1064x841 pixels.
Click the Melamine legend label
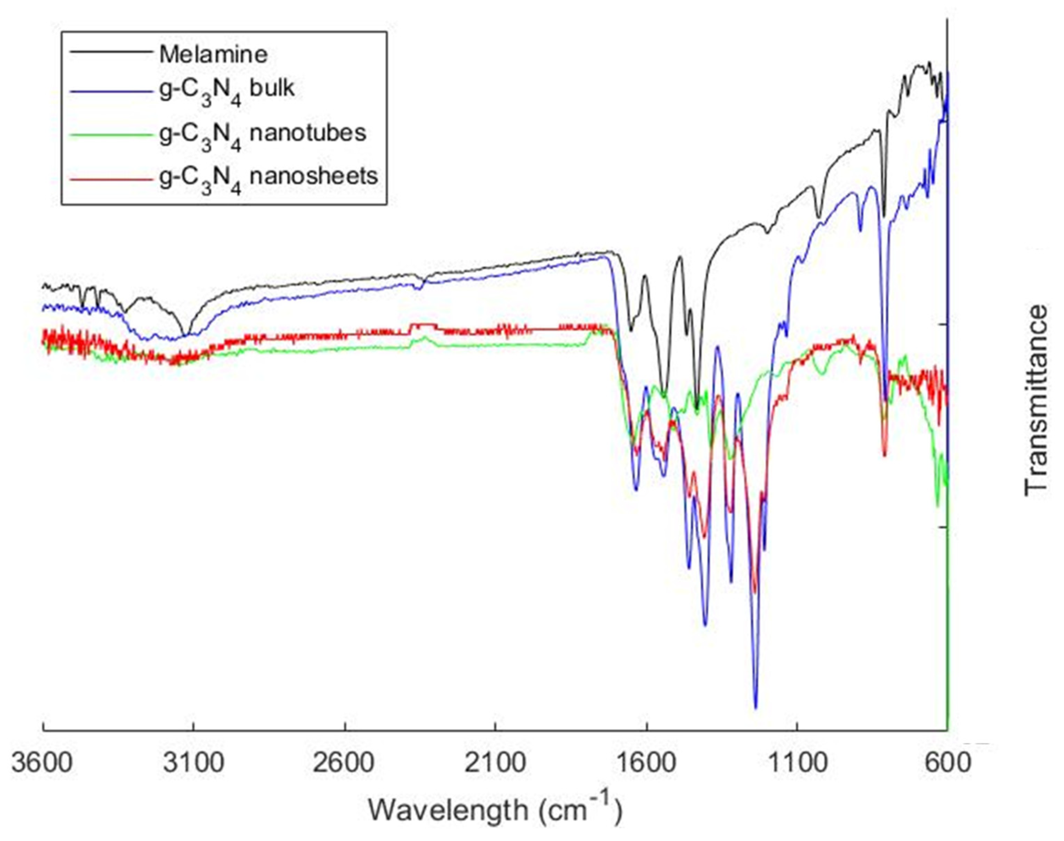tap(213, 54)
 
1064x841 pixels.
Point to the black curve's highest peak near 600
tap(929, 63)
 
